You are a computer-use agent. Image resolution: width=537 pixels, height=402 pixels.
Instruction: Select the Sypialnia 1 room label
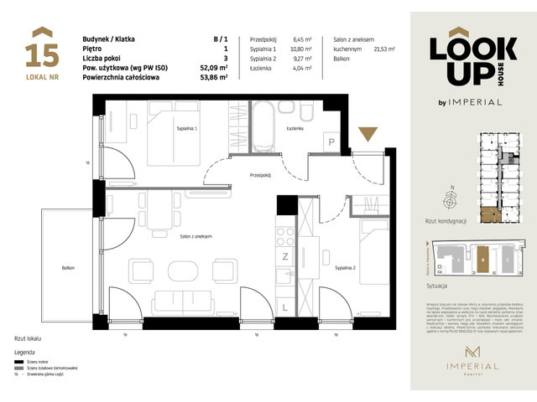tap(186, 129)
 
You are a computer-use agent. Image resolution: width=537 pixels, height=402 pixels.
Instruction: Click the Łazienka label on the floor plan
tap(294, 129)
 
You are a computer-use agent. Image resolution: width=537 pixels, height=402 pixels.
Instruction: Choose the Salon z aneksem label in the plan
tap(195, 237)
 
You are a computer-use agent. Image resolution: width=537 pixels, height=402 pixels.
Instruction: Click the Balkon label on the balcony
tap(67, 267)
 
